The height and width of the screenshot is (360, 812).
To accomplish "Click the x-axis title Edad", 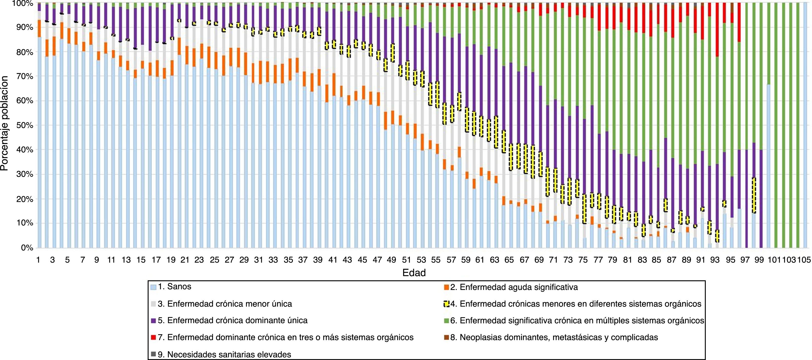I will coord(414,273).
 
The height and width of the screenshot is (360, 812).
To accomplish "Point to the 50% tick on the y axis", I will coord(24,125).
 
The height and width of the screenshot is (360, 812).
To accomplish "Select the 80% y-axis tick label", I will coord(24,52).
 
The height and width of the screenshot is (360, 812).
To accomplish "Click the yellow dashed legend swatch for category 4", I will coord(446,304).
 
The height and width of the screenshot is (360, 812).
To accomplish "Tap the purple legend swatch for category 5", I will coord(154,321).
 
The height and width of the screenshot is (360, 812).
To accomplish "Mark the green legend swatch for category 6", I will coord(446,321).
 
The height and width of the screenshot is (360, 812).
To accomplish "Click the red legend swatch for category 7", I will coord(154,338).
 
